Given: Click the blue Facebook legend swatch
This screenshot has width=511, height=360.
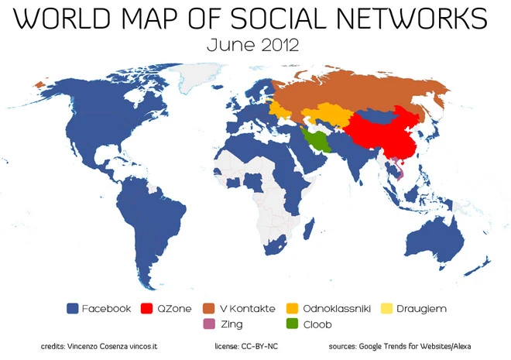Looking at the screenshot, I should pos(74,309).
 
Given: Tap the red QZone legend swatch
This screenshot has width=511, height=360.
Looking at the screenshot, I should pos(147,309).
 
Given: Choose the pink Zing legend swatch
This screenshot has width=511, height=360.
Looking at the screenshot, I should pos(209,324).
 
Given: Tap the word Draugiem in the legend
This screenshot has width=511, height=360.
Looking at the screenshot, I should pos(421,309).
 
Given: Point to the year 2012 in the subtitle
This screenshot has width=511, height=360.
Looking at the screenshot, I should pos(279,45).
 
